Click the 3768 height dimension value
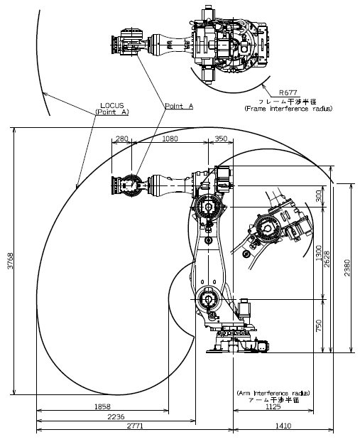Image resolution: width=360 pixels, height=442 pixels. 11,261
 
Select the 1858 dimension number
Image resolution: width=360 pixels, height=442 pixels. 102,406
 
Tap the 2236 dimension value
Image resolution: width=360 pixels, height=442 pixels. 116,416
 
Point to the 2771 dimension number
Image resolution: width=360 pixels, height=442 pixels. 135,426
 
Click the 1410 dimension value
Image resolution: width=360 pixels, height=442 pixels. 283,426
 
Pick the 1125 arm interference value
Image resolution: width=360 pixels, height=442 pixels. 273,406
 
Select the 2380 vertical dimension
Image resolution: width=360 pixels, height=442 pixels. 347,268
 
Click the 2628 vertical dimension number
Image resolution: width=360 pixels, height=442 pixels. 327,259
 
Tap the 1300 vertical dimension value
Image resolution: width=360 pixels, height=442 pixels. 319,253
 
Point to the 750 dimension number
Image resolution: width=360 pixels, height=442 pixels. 319,325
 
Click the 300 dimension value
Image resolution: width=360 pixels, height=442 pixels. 319,196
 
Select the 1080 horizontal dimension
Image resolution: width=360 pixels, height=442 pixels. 170,139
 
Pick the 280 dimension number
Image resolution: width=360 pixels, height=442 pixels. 122,139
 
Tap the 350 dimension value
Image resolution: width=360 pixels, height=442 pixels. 221,139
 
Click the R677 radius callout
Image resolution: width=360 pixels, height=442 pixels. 288,92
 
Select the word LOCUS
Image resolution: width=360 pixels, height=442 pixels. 112,105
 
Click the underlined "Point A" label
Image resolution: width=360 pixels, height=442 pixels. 179,106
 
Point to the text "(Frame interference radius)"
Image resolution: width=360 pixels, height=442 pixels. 288,109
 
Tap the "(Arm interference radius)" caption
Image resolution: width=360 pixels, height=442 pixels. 273,393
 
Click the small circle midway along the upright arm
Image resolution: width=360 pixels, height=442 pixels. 208,240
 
